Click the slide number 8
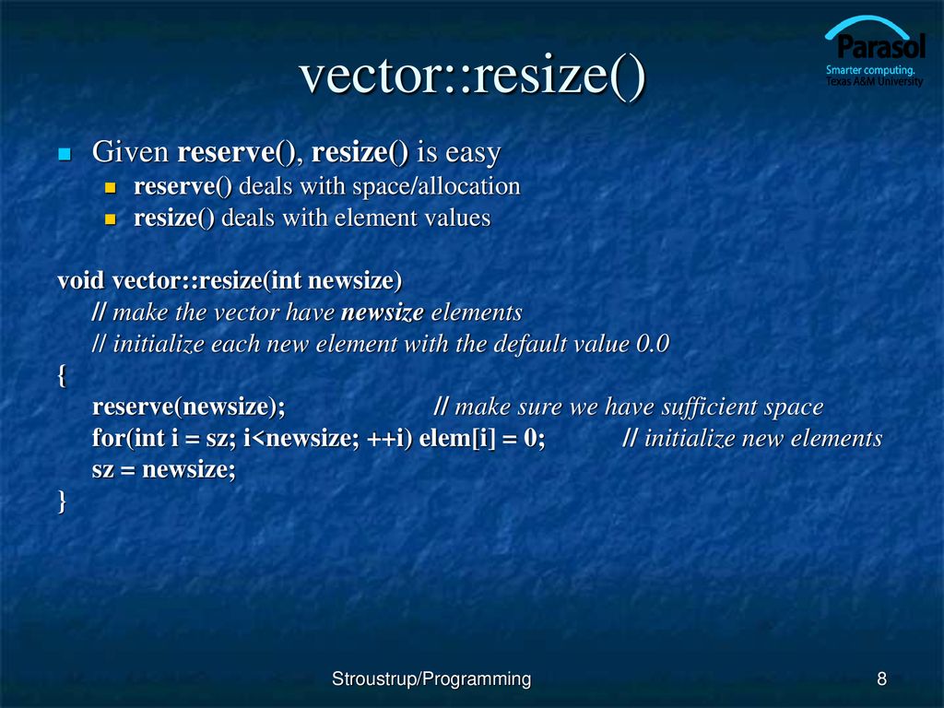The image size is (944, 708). click(x=882, y=679)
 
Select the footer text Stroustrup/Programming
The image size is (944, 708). click(x=431, y=679)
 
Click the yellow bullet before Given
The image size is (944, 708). click(x=65, y=153)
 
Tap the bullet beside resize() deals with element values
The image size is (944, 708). click(x=111, y=219)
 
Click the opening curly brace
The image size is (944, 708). click(x=62, y=376)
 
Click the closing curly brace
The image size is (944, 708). click(x=62, y=501)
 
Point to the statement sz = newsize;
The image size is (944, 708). click(x=164, y=469)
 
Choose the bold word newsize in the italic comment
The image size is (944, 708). click(x=382, y=312)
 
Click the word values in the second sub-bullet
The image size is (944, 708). click(x=460, y=218)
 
